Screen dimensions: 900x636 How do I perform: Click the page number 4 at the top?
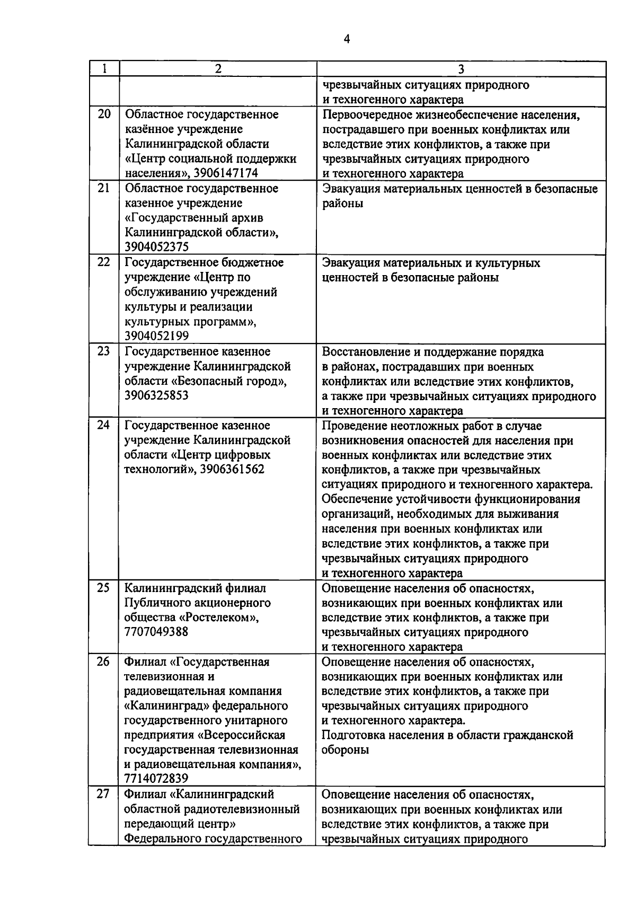[x=347, y=39]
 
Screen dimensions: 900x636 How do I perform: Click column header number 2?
[x=218, y=69]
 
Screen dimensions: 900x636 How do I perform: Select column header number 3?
[x=461, y=69]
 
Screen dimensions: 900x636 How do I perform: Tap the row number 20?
[x=104, y=114]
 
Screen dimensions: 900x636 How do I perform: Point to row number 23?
[x=104, y=351]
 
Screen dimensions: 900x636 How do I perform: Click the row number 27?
[x=104, y=794]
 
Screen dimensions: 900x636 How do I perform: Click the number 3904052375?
[x=156, y=247]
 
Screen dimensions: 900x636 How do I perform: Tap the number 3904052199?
[x=156, y=336]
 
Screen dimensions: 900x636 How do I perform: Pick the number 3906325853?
[x=156, y=395]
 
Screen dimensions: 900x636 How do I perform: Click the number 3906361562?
[x=233, y=469]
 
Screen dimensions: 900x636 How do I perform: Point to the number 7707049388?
[x=156, y=632]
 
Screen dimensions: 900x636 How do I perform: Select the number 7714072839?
[x=156, y=778]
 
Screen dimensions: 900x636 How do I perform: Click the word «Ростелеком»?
[x=219, y=617]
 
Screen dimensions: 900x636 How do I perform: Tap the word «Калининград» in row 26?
[x=167, y=706]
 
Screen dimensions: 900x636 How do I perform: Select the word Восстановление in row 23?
[x=364, y=352]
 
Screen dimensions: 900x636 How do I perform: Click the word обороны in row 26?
[x=345, y=750]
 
